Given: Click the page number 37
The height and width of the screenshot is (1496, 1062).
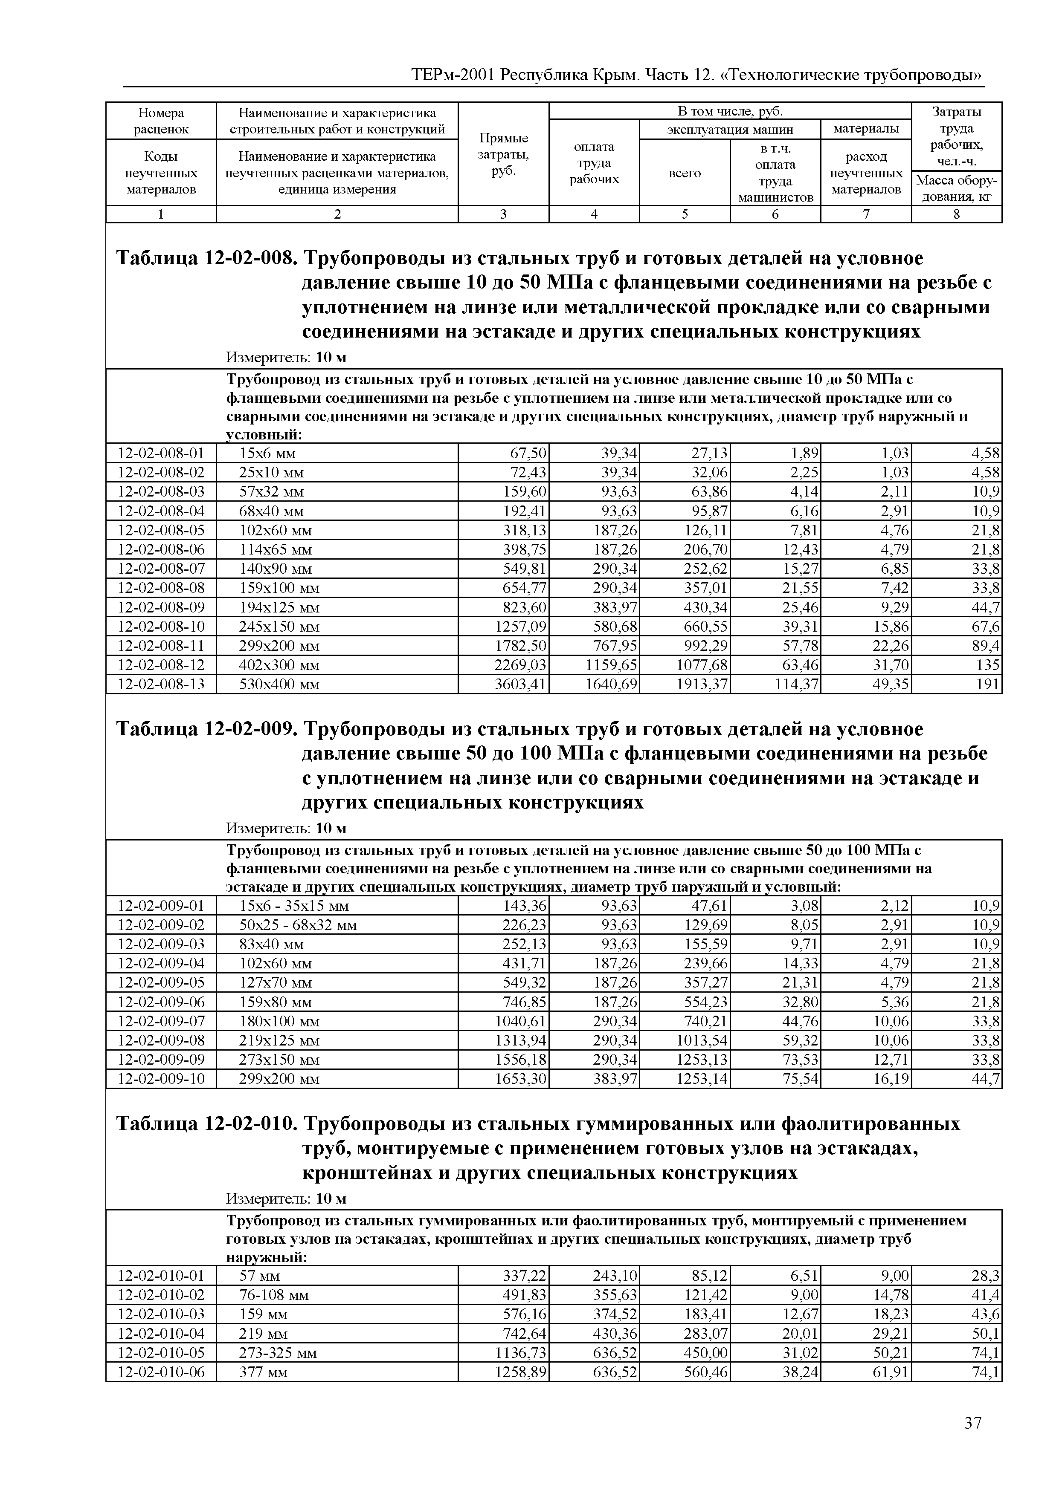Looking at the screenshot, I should [x=972, y=1436].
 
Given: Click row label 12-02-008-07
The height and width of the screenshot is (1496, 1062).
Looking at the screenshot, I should [x=161, y=569].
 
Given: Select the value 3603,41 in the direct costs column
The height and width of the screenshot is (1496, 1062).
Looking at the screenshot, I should [x=520, y=684].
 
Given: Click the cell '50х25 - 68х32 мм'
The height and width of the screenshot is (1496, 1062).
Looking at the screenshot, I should [x=298, y=925].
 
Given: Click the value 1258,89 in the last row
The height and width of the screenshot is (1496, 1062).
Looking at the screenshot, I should [x=520, y=1372].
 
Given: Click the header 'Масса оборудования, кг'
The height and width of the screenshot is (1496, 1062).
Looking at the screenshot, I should [x=956, y=188].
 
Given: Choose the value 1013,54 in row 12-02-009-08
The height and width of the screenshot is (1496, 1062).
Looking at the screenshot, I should [x=701, y=1040].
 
